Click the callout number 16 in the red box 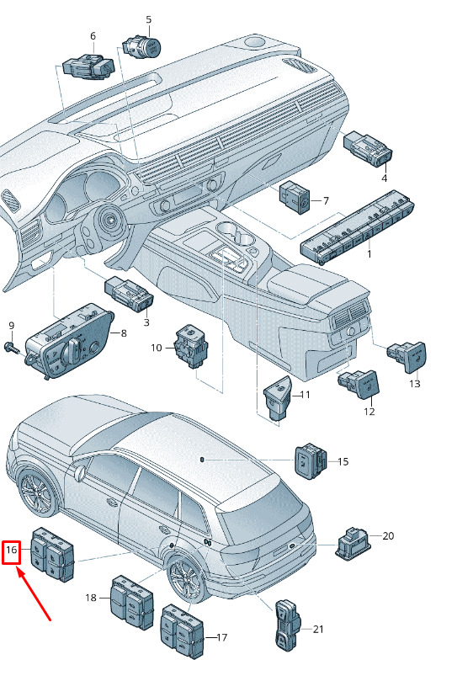pyautogui.click(x=11, y=550)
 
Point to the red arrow pyautogui.click(x=34, y=593)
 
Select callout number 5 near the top pyautogui.click(x=149, y=19)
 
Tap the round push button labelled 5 pyautogui.click(x=142, y=46)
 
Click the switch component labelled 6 pyautogui.click(x=88, y=67)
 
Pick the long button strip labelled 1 pyautogui.click(x=357, y=226)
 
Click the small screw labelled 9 pyautogui.click(x=12, y=347)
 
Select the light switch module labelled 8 pyautogui.click(x=69, y=341)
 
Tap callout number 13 pyautogui.click(x=415, y=384)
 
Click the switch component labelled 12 pyautogui.click(x=359, y=384)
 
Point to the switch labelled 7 pyautogui.click(x=295, y=198)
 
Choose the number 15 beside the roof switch pyautogui.click(x=343, y=461)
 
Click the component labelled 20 pyautogui.click(x=353, y=543)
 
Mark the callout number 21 pyautogui.click(x=318, y=629)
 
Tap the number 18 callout pyautogui.click(x=91, y=598)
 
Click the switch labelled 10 pyautogui.click(x=191, y=346)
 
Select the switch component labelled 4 pyautogui.click(x=368, y=148)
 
